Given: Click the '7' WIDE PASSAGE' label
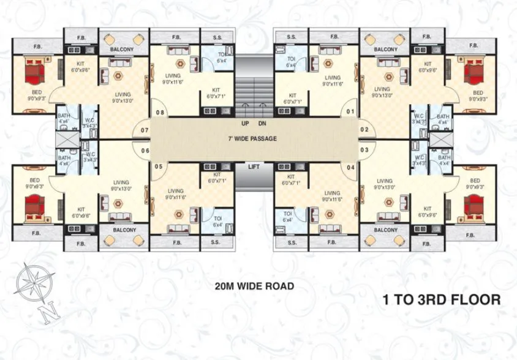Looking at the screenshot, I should click(252, 139).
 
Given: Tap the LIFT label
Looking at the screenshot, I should click(254, 166).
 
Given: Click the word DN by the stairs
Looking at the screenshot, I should click(262, 123).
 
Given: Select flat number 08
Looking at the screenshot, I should click(160, 113).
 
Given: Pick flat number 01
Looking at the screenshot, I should click(351, 113).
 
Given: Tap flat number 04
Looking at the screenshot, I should click(351, 167).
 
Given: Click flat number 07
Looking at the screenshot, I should click(145, 130).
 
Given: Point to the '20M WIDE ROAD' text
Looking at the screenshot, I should click(254, 286).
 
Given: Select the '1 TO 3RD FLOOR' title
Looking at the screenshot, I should click(442, 300).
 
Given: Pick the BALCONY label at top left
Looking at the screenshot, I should click(122, 48).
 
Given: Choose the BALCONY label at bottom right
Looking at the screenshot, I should click(386, 230).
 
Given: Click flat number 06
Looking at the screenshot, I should click(145, 151).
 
